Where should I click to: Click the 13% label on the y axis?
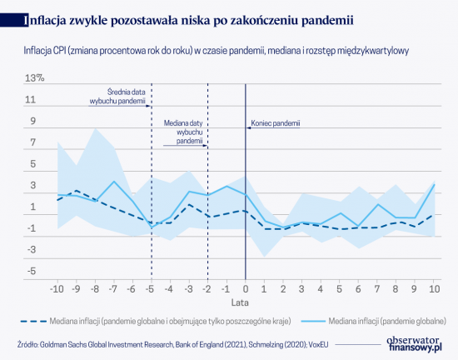click(x=34, y=78)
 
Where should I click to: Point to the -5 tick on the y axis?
click(x=32, y=271)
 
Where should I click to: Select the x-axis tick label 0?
click(x=246, y=288)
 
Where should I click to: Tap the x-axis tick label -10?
click(x=57, y=288)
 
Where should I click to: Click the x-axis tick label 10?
click(x=434, y=288)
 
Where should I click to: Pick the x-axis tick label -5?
click(x=150, y=288)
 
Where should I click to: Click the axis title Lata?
click(x=240, y=302)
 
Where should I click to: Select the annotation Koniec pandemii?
click(x=276, y=123)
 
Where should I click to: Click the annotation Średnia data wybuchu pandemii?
click(x=117, y=97)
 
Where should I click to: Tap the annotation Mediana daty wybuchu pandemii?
click(x=183, y=132)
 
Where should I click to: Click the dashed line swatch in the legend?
click(x=33, y=321)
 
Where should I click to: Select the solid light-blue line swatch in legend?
click(x=312, y=321)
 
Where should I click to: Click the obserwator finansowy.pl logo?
click(x=414, y=344)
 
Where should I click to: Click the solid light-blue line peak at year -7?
click(x=114, y=181)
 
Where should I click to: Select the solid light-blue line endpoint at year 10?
click(x=435, y=184)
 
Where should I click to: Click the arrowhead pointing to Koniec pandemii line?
click(x=249, y=127)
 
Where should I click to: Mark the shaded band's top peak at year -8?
click(x=95, y=128)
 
